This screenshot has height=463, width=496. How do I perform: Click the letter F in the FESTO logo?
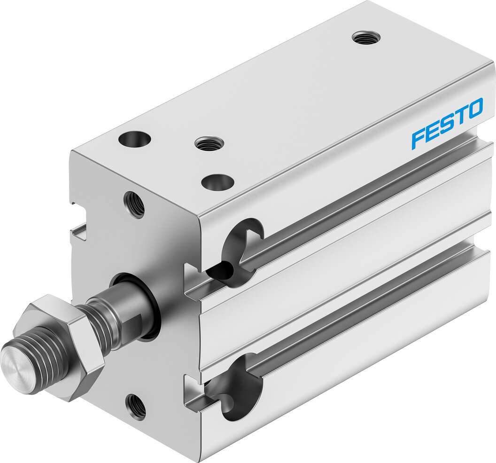(418, 139)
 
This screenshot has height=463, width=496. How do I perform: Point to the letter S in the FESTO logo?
(446, 124)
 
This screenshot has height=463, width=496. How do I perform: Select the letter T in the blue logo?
(459, 117)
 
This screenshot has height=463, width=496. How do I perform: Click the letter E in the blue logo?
(432, 131)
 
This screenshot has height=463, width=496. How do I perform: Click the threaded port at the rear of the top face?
(366, 38)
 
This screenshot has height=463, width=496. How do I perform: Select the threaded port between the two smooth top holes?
(209, 144)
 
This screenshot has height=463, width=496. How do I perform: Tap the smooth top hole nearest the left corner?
(134, 139)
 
